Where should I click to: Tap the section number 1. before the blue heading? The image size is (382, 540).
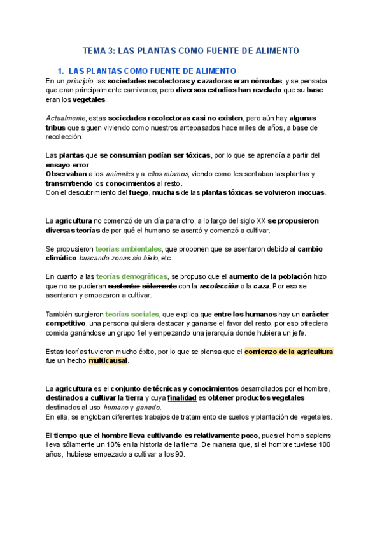[60, 71]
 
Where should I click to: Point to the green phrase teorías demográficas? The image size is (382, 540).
[131, 277]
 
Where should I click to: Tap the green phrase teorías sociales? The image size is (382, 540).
[132, 314]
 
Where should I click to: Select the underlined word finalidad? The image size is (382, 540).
[181, 398]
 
